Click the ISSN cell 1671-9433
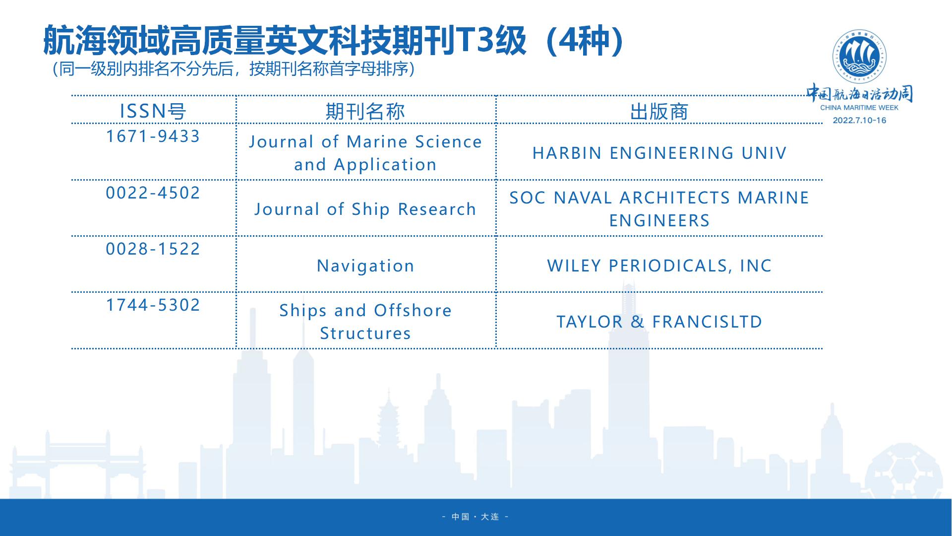pyautogui.click(x=153, y=136)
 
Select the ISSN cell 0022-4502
pyautogui.click(x=153, y=193)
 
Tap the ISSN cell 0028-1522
pyautogui.click(x=153, y=249)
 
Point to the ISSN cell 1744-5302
pyautogui.click(x=153, y=305)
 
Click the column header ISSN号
pyautogui.click(x=153, y=111)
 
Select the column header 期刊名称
pyautogui.click(x=365, y=111)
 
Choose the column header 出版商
pyautogui.click(x=659, y=111)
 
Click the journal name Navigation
pyautogui.click(x=365, y=266)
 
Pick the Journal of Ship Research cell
pyautogui.click(x=365, y=209)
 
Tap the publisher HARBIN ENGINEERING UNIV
pyautogui.click(x=659, y=153)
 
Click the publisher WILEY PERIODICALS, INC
pyautogui.click(x=659, y=266)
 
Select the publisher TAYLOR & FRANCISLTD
pyautogui.click(x=659, y=322)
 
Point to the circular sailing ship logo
pyautogui.click(x=859, y=57)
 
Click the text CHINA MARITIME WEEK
pyautogui.click(x=859, y=108)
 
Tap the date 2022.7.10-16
pyautogui.click(x=859, y=120)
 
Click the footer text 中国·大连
pyautogui.click(x=476, y=517)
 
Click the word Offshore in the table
pyautogui.click(x=413, y=311)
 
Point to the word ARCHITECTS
pyautogui.click(x=675, y=198)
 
